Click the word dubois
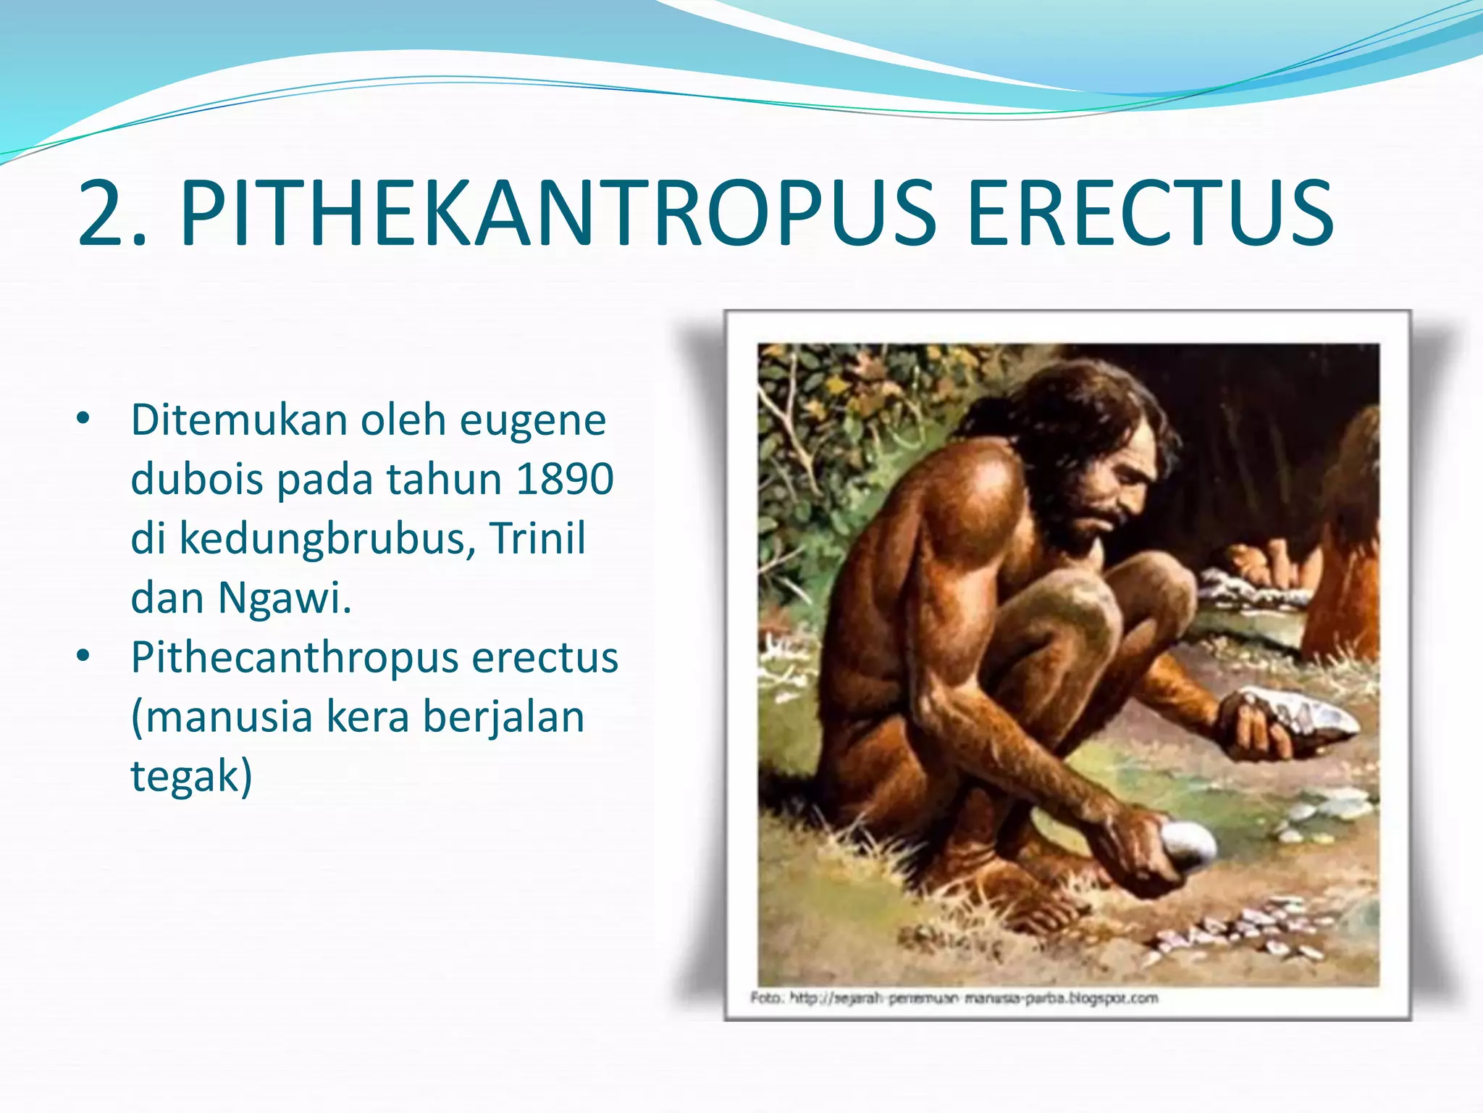click(x=196, y=480)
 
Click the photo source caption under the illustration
click(x=954, y=999)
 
